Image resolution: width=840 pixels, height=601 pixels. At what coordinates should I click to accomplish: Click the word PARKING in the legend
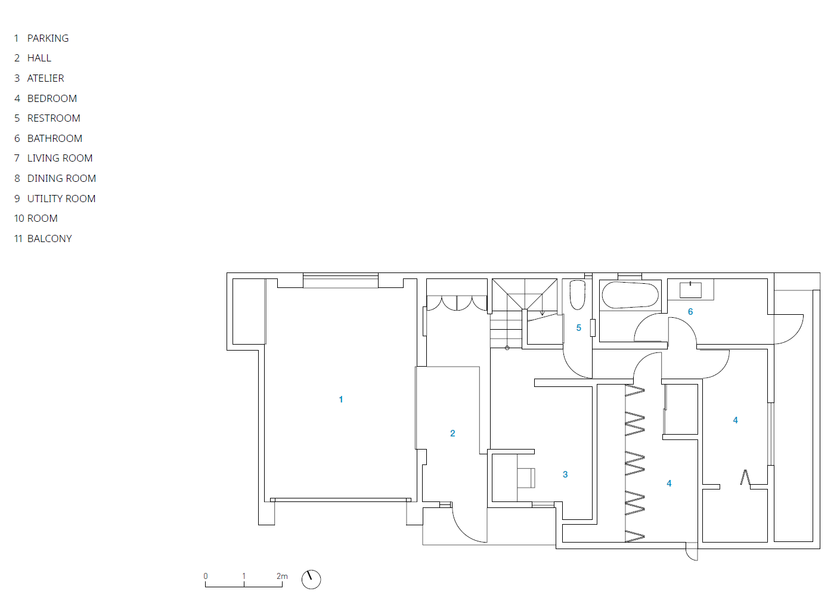[48, 38]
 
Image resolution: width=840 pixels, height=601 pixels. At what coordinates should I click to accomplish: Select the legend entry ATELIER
[45, 78]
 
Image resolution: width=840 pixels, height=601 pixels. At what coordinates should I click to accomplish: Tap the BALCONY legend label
[49, 238]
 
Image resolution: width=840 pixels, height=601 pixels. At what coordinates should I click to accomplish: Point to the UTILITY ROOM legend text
[61, 199]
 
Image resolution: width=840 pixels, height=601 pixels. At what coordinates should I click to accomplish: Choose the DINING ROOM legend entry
[61, 178]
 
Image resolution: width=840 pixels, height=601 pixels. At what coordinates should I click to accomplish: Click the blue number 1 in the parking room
[341, 399]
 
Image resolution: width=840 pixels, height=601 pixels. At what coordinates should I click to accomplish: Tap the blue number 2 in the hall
[452, 433]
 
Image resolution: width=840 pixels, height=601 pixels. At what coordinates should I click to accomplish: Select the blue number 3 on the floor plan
[565, 475]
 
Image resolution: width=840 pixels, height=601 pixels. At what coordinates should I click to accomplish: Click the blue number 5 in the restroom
[579, 328]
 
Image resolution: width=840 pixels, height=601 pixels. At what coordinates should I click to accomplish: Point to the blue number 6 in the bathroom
[690, 312]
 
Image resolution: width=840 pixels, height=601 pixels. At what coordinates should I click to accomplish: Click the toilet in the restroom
[578, 295]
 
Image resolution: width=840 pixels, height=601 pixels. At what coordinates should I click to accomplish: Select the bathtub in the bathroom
[630, 295]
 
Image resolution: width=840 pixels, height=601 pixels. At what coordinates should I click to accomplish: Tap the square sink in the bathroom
[690, 290]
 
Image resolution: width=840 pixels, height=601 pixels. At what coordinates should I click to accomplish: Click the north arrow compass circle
[311, 580]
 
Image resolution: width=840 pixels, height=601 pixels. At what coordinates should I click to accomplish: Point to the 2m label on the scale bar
[282, 576]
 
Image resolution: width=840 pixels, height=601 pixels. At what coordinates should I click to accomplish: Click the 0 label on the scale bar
[206, 576]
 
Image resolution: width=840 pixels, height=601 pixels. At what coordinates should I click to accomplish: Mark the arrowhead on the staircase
[543, 313]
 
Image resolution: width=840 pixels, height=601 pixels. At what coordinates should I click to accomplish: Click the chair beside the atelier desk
[526, 478]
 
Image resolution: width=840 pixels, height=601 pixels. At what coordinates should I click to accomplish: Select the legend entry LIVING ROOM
[60, 159]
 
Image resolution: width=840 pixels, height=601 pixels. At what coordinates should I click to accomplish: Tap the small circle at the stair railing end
[507, 348]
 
